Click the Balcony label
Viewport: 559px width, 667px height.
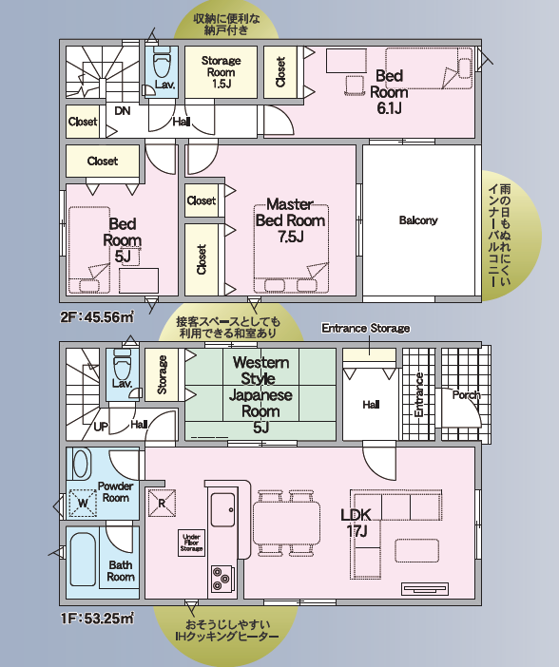point(418,220)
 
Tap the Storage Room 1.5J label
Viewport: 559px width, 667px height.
point(221,72)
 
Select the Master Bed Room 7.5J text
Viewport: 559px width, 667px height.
point(290,220)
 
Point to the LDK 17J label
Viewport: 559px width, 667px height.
point(356,523)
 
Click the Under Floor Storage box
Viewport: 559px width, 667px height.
point(192,543)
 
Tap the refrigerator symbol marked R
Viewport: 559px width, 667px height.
point(162,504)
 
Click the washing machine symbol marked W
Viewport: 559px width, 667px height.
point(83,504)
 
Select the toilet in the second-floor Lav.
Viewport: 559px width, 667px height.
point(161,63)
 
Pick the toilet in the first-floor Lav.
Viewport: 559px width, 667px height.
point(123,364)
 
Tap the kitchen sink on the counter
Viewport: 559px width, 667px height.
point(222,509)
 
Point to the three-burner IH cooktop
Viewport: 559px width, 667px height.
point(222,579)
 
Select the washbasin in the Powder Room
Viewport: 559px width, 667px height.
point(82,464)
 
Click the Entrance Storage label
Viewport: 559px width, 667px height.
point(366,329)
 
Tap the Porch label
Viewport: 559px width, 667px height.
point(466,395)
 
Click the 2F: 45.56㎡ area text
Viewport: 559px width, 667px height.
point(97,317)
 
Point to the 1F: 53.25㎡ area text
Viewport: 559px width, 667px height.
point(97,619)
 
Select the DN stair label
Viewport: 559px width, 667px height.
point(123,111)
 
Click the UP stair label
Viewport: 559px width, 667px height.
point(101,427)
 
